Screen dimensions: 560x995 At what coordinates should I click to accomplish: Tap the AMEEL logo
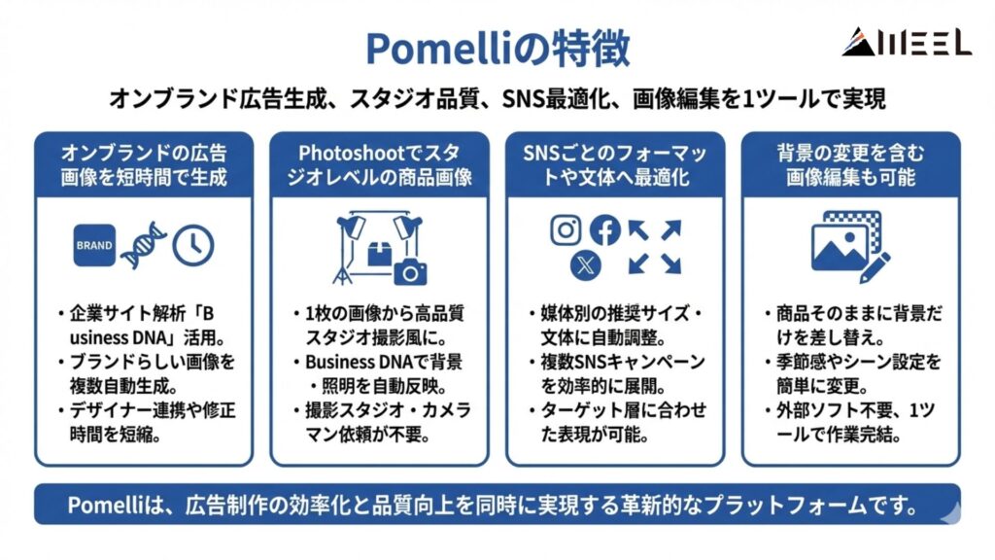(x=906, y=42)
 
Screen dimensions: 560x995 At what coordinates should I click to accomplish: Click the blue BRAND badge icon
(x=94, y=246)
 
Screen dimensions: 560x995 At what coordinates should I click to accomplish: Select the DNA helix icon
(x=144, y=245)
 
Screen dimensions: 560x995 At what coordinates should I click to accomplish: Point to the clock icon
(x=193, y=246)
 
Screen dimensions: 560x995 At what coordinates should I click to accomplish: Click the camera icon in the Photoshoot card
(x=410, y=271)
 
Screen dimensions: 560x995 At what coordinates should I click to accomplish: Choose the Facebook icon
(x=605, y=230)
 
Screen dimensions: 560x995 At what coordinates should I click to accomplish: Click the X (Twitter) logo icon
(x=585, y=264)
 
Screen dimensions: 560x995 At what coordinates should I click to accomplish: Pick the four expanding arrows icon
(x=654, y=247)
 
